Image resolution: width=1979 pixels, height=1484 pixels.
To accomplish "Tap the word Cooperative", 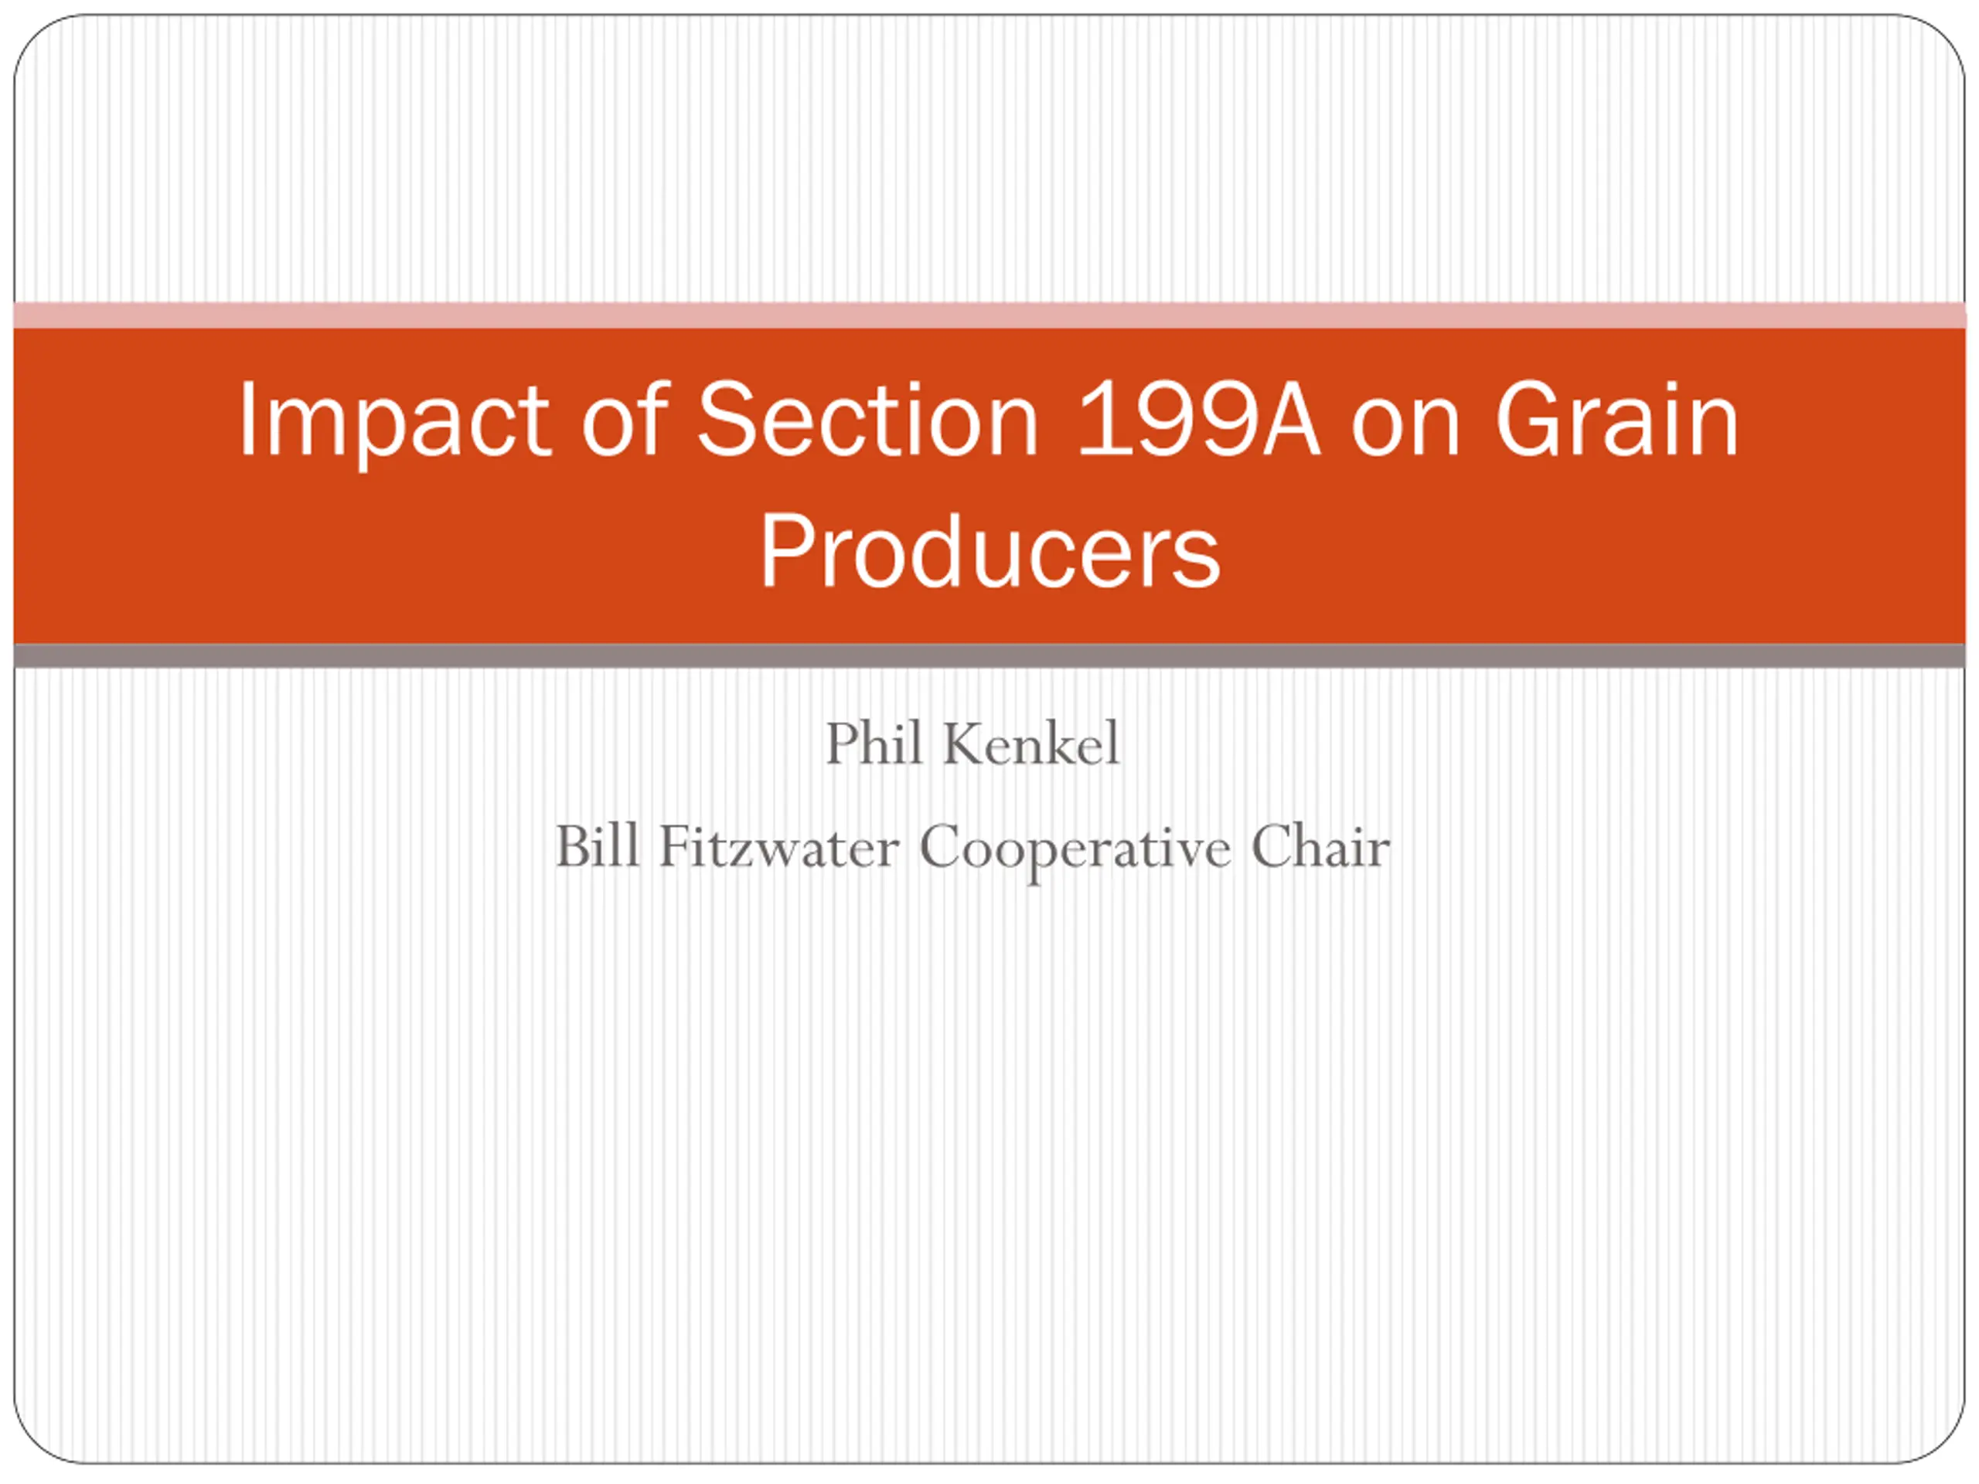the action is coord(1075,849).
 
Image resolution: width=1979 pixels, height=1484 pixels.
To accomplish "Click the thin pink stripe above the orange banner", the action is coord(989,315).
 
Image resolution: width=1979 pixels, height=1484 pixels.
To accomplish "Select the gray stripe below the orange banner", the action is coord(989,655).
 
